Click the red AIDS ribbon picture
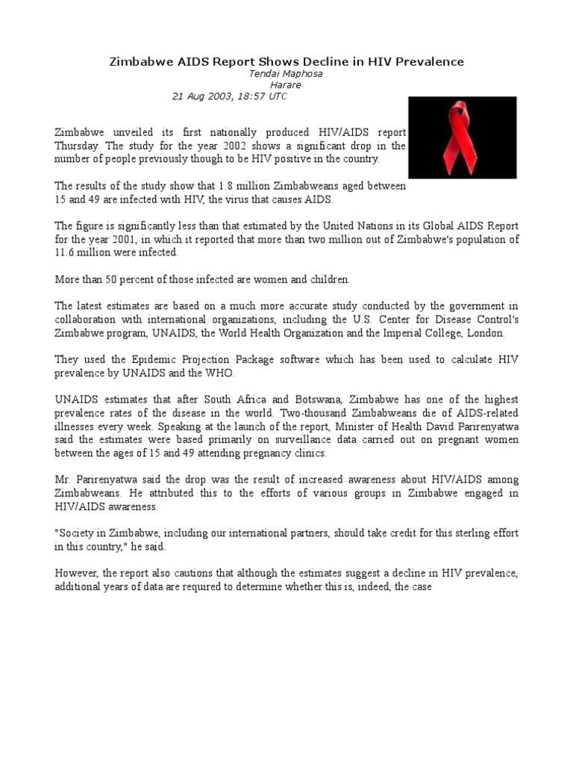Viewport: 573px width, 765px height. coord(463,137)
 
